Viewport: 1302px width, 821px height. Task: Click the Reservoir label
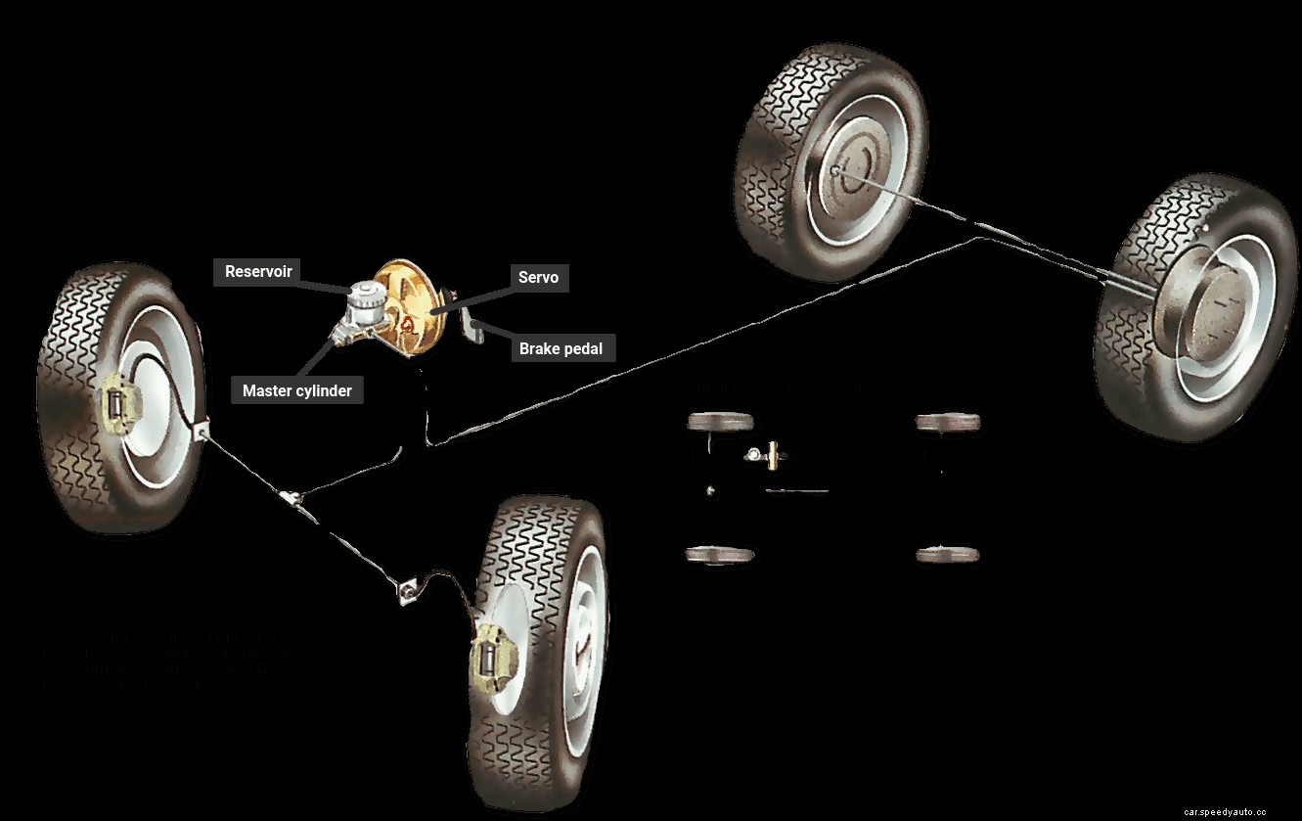[x=258, y=271]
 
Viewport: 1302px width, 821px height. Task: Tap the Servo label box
[x=538, y=277]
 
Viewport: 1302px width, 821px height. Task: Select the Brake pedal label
[x=561, y=348]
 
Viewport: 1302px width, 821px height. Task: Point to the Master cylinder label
[x=297, y=390]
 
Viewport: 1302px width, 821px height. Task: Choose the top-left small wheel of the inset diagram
[x=721, y=422]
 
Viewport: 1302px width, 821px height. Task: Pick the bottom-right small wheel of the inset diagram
[x=948, y=554]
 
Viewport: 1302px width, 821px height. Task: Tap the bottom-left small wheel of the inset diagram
[x=721, y=554]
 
